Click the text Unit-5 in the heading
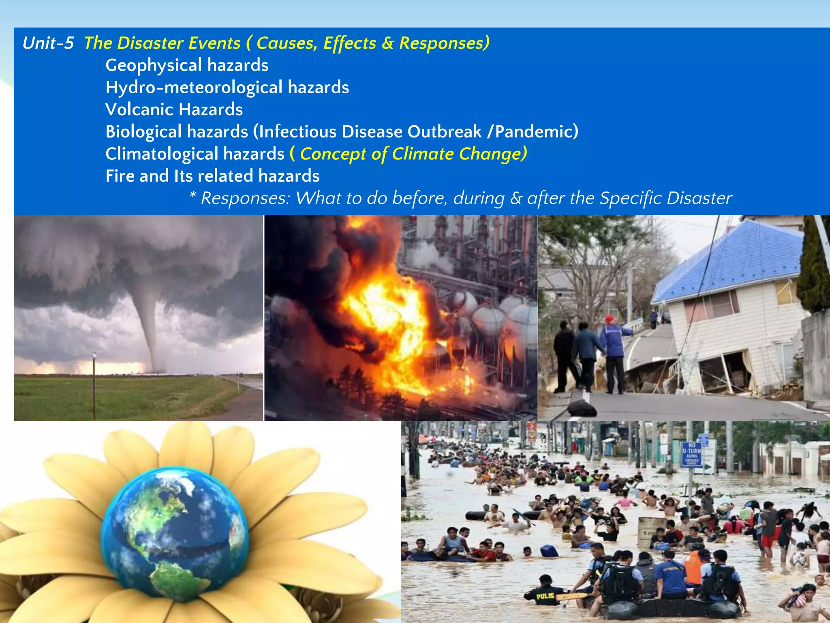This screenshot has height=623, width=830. click(48, 43)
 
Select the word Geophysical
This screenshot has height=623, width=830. click(154, 66)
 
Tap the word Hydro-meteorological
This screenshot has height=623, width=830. click(194, 88)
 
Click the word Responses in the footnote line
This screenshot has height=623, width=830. click(246, 198)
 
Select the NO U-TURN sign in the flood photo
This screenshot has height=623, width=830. click(691, 454)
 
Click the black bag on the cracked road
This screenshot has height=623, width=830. click(582, 408)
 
